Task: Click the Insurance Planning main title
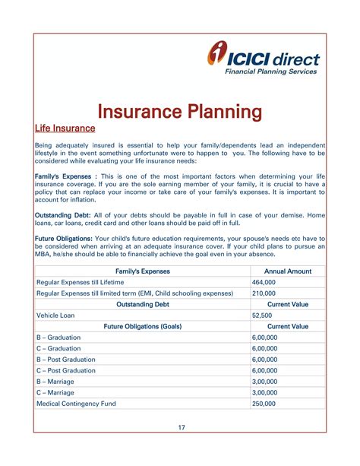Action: coord(180,113)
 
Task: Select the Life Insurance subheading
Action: coord(65,128)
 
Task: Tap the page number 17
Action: coord(182,428)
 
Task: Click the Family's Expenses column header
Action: coord(143,271)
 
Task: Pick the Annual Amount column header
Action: coord(288,271)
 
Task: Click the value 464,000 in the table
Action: coord(264,281)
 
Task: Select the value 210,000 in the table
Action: coord(264,293)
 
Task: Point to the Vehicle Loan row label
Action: coord(58,315)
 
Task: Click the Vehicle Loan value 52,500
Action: coord(261,315)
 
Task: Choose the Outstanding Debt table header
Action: coord(143,303)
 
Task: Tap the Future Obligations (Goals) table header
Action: coord(143,326)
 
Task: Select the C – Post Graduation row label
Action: coord(66,370)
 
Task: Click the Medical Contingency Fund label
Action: coord(76,404)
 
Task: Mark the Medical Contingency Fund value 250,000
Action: coord(264,404)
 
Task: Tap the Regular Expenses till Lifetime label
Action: coord(81,281)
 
